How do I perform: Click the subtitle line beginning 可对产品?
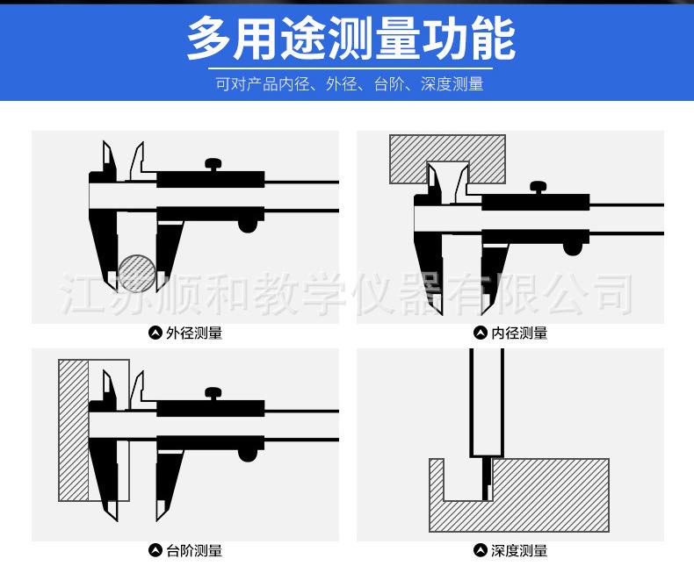(350, 84)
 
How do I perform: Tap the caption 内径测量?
(519, 333)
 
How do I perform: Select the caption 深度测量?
(519, 551)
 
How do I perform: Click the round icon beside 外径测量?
(155, 333)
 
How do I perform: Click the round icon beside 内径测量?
(481, 333)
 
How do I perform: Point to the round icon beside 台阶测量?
(155, 551)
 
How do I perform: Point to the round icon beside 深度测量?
(481, 551)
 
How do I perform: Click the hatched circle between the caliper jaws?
(138, 271)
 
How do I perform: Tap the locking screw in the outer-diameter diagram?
(213, 164)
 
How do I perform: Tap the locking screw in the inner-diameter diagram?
(538, 186)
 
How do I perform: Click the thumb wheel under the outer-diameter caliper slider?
(249, 226)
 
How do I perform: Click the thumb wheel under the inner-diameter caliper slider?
(573, 249)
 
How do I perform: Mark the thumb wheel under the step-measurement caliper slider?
(249, 455)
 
